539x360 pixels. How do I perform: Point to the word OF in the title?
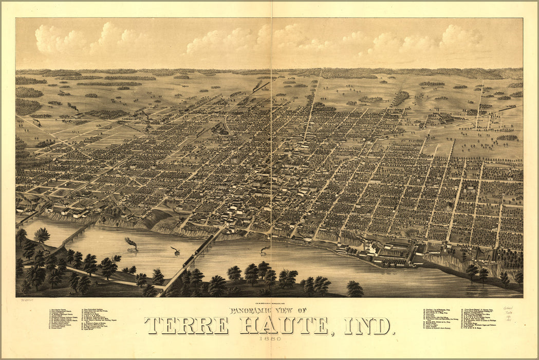coord(301,311)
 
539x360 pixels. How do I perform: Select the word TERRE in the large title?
coord(186,326)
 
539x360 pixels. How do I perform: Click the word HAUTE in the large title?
coord(284,326)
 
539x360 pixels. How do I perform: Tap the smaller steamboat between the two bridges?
coord(176,251)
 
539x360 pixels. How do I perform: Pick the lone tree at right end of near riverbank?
coord(354,289)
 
